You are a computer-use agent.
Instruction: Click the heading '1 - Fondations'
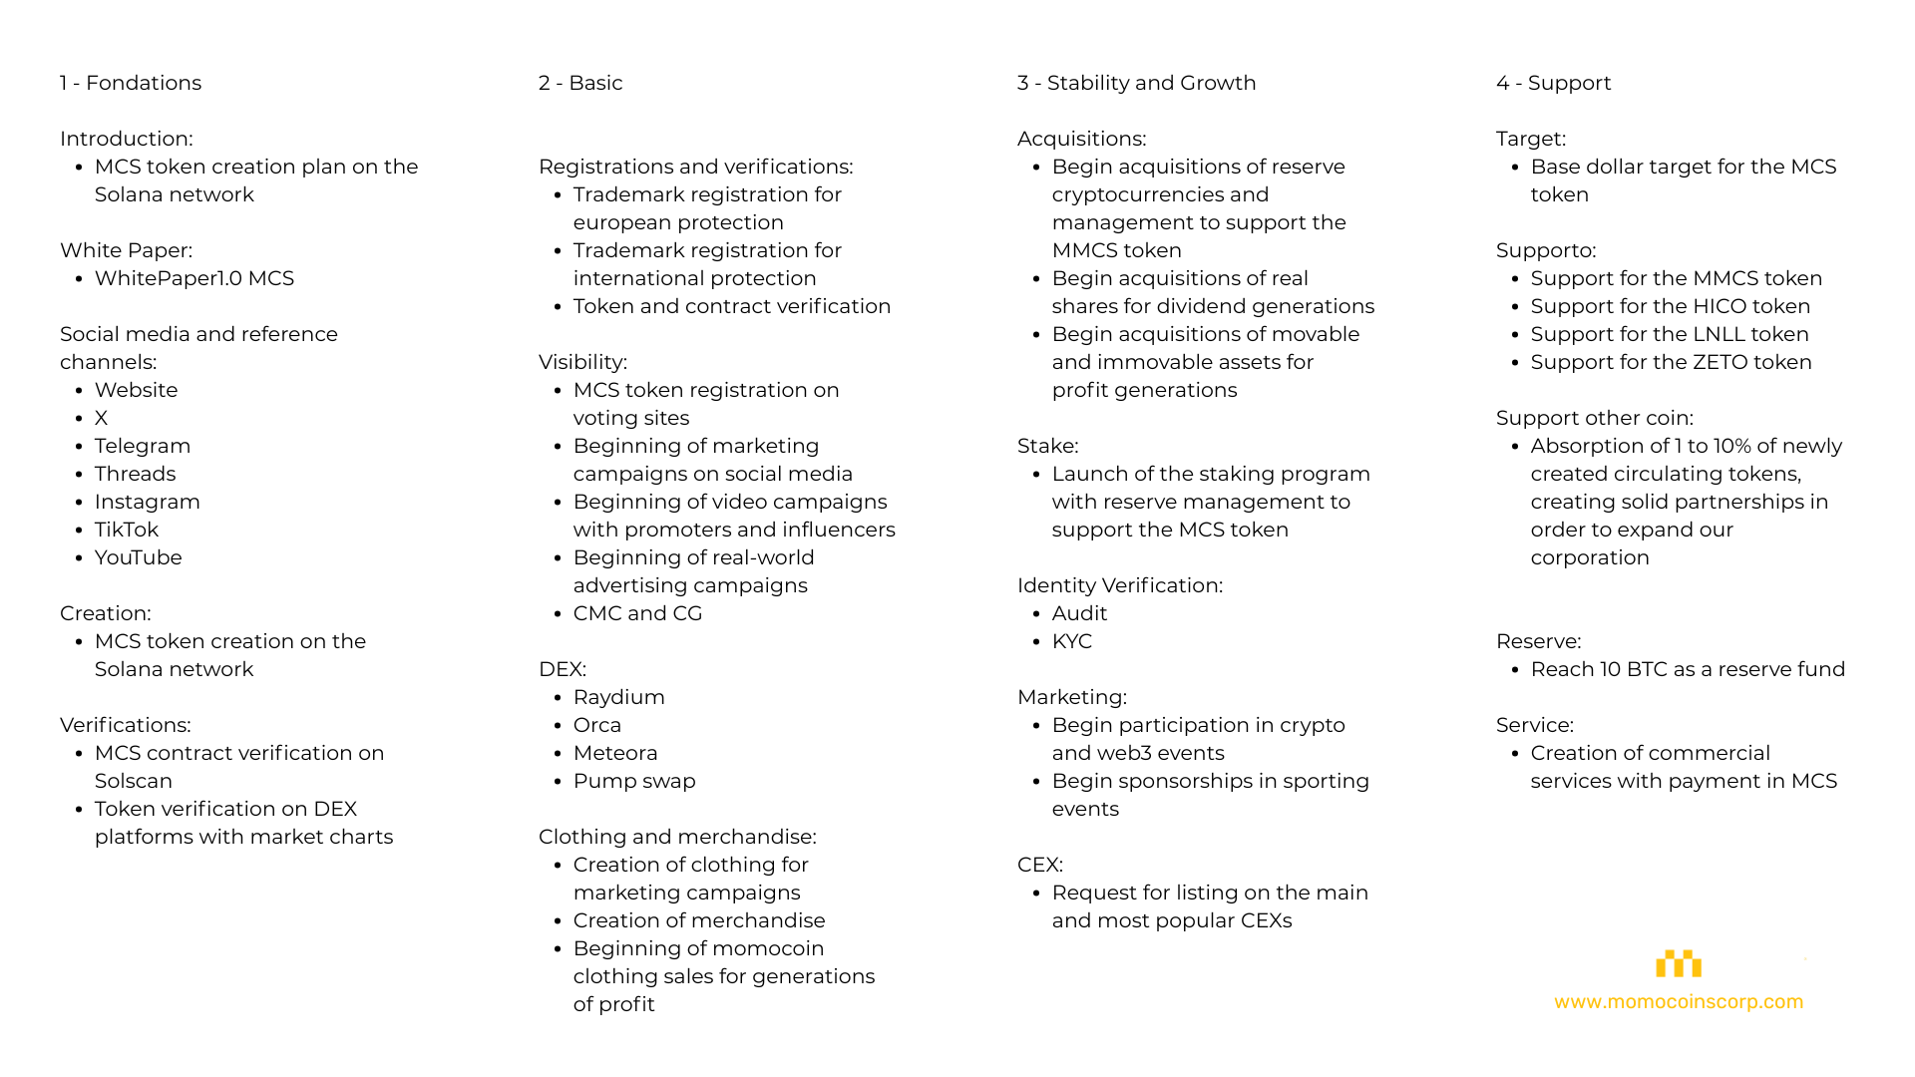click(x=131, y=83)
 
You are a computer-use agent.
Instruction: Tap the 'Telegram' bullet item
click(x=143, y=446)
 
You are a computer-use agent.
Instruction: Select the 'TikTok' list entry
click(x=127, y=530)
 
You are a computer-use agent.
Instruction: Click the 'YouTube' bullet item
click(x=139, y=557)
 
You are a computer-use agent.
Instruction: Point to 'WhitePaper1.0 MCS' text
click(x=194, y=278)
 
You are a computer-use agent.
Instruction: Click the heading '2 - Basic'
click(x=580, y=83)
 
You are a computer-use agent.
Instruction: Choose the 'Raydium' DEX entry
click(x=619, y=697)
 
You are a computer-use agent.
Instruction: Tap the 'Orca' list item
click(x=597, y=725)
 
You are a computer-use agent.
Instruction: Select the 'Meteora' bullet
click(x=615, y=753)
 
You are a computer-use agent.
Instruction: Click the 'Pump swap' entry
click(x=634, y=781)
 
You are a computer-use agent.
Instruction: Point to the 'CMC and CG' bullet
click(x=638, y=613)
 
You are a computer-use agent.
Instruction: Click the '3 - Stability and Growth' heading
click(x=1137, y=83)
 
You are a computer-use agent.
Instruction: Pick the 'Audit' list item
click(x=1080, y=613)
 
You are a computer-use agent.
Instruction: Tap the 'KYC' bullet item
click(x=1072, y=641)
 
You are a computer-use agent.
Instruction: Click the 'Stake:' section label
click(x=1048, y=446)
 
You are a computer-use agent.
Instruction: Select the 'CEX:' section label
click(x=1040, y=865)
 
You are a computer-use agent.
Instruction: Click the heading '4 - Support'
click(x=1554, y=83)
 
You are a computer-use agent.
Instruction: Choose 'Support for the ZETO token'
click(x=1672, y=362)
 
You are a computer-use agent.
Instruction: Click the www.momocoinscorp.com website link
click(x=1679, y=1001)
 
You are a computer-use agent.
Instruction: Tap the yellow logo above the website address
click(x=1679, y=963)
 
